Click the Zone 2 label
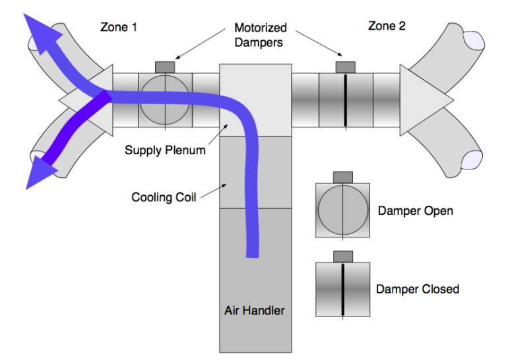pos(387,26)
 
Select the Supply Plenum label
pos(165,150)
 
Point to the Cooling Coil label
pos(162,196)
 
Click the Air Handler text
pos(255,309)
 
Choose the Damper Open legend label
pos(416,211)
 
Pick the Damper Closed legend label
pos(418,289)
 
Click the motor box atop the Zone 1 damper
pos(166,67)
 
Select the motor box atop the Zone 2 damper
pos(345,67)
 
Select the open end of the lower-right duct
pos(476,159)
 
